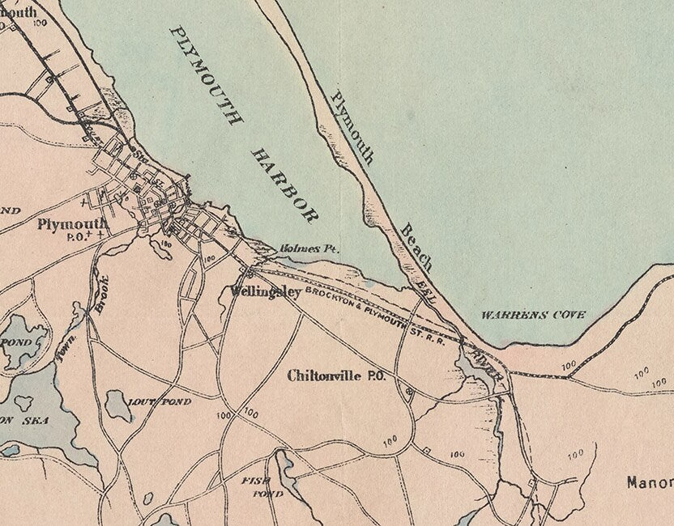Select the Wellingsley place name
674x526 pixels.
[x=265, y=291]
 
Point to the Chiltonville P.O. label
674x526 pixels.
[x=335, y=375]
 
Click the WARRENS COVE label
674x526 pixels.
[x=533, y=314]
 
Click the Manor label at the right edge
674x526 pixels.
[x=650, y=482]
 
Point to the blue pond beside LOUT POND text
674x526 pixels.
[x=119, y=405]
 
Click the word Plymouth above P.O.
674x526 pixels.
[x=72, y=224]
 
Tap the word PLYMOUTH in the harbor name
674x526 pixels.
[x=206, y=75]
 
